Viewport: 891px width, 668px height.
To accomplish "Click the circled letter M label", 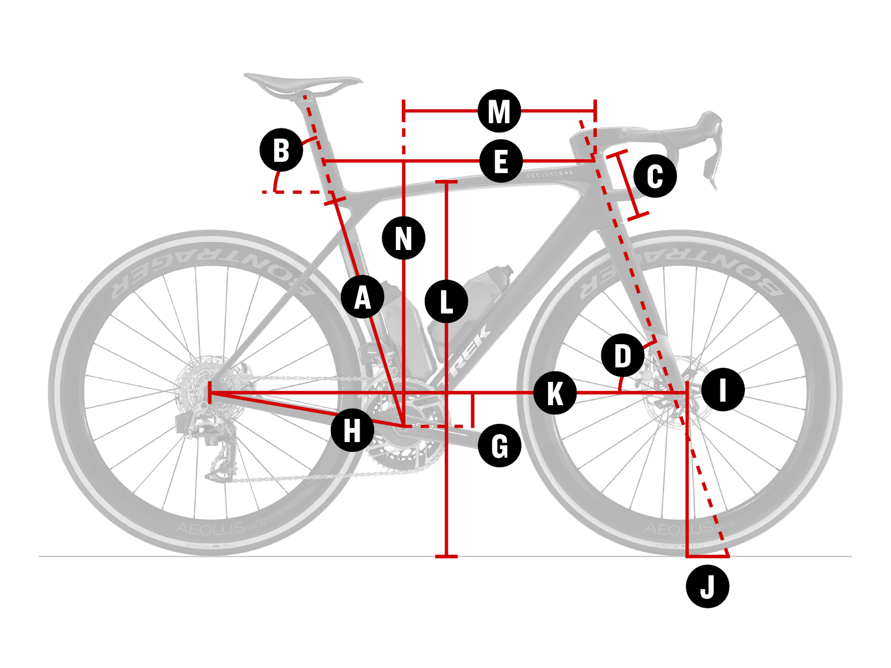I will (499, 111).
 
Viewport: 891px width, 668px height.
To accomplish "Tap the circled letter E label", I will (501, 161).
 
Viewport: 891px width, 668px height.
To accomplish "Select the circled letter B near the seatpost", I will (281, 150).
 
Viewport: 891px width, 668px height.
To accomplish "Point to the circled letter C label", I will (655, 176).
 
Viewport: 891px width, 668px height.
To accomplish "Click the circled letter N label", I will (403, 238).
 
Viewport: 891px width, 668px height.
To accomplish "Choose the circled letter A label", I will (362, 297).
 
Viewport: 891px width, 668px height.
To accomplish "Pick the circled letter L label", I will (446, 302).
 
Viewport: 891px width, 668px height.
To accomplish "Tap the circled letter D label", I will (622, 355).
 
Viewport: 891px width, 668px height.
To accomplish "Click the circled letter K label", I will (555, 393).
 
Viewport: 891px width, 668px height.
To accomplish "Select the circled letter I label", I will (723, 389).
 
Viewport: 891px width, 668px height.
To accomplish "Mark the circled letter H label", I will (352, 430).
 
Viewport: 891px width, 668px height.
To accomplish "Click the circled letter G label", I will (499, 445).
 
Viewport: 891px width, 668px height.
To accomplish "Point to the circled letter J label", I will (707, 586).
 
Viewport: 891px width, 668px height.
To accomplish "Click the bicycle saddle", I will (302, 83).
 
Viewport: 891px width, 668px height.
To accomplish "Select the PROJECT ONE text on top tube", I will (550, 174).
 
